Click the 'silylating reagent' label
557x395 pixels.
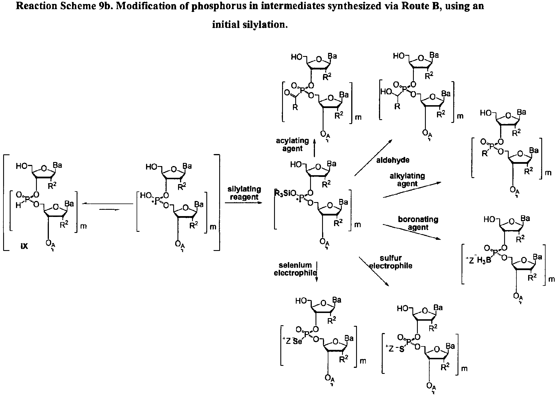click(x=244, y=193)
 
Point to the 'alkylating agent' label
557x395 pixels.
click(x=407, y=180)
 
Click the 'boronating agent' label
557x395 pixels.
click(x=418, y=223)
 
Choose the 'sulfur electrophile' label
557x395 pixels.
click(x=391, y=262)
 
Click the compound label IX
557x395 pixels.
click(x=24, y=246)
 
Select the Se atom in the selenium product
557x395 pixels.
click(x=298, y=342)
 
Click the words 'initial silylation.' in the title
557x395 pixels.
click(x=249, y=25)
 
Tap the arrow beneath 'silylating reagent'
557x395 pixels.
click(x=243, y=203)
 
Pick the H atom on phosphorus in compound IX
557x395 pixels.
click(x=18, y=206)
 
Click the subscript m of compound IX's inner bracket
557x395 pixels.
click(x=83, y=226)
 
